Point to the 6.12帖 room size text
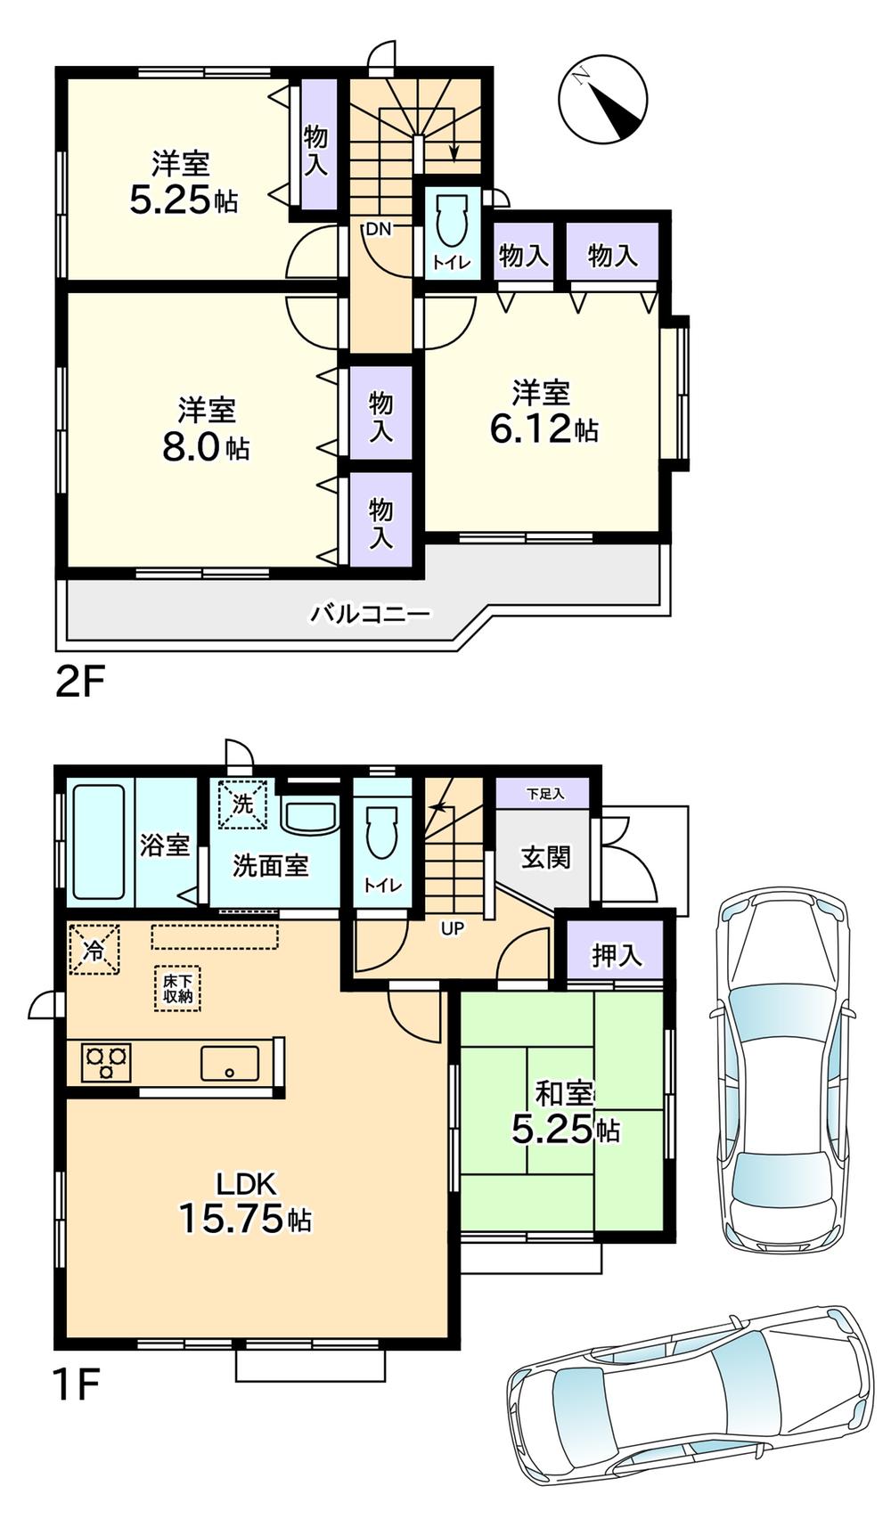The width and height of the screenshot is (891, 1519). (x=544, y=429)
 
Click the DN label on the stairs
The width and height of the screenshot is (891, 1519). (x=378, y=229)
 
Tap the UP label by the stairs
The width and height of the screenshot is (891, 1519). (x=453, y=929)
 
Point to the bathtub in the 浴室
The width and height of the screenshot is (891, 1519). (x=98, y=842)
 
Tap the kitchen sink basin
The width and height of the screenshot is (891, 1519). (x=229, y=1064)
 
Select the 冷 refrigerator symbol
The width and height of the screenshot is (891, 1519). (x=94, y=950)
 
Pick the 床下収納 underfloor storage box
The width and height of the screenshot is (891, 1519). (x=177, y=988)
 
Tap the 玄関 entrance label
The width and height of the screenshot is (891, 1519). (x=544, y=858)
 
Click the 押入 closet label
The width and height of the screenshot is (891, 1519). (x=616, y=955)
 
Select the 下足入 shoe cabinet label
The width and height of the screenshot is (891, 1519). (x=544, y=793)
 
